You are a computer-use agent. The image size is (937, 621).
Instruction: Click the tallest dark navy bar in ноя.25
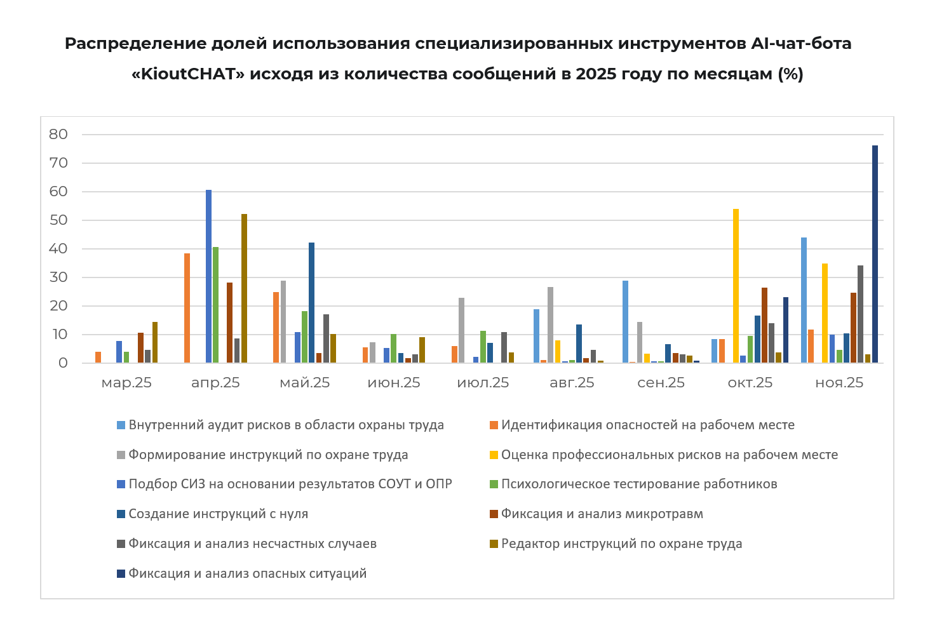pos(875,254)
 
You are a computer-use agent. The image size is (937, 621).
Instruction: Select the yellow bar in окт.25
pos(736,286)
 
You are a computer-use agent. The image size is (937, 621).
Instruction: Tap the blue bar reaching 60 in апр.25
pos(208,276)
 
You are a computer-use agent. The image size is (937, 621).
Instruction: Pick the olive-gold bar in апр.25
pos(244,288)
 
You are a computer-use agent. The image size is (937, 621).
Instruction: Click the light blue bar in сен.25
pos(625,321)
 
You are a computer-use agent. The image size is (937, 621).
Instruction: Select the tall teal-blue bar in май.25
pos(311,302)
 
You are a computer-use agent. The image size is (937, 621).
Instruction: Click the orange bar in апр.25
pos(187,308)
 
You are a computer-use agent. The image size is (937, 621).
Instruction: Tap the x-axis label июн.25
pos(394,383)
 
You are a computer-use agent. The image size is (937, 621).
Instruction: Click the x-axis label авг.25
pos(572,383)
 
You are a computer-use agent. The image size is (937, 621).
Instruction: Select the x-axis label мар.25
pos(126,383)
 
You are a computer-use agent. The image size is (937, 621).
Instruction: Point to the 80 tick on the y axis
pos(58,134)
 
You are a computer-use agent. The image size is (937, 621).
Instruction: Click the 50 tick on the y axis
pos(58,220)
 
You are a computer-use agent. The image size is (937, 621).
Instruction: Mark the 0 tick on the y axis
pos(63,363)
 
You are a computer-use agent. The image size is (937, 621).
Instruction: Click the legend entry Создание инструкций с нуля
pos(218,514)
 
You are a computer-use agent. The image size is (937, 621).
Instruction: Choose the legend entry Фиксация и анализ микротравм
pos(602,514)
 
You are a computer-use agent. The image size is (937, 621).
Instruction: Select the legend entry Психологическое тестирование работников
pos(638,484)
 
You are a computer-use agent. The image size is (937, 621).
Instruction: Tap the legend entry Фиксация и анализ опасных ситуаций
pos(247,573)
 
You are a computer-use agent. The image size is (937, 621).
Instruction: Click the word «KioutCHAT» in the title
pos(188,74)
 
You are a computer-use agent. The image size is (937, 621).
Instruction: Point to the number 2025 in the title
pos(597,74)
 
